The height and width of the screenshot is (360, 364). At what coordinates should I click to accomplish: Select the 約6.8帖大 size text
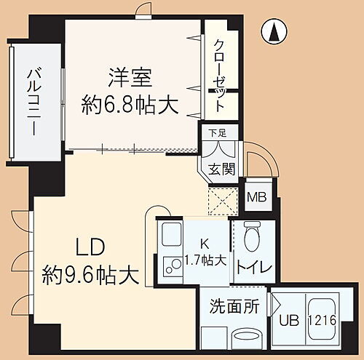(130, 105)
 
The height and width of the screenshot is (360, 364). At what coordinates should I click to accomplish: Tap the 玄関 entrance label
(223, 169)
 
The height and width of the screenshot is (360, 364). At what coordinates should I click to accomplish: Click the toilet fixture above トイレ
(251, 236)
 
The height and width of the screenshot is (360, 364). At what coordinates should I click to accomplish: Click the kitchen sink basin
(172, 237)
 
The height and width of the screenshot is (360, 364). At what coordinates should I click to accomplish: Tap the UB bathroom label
(288, 321)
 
